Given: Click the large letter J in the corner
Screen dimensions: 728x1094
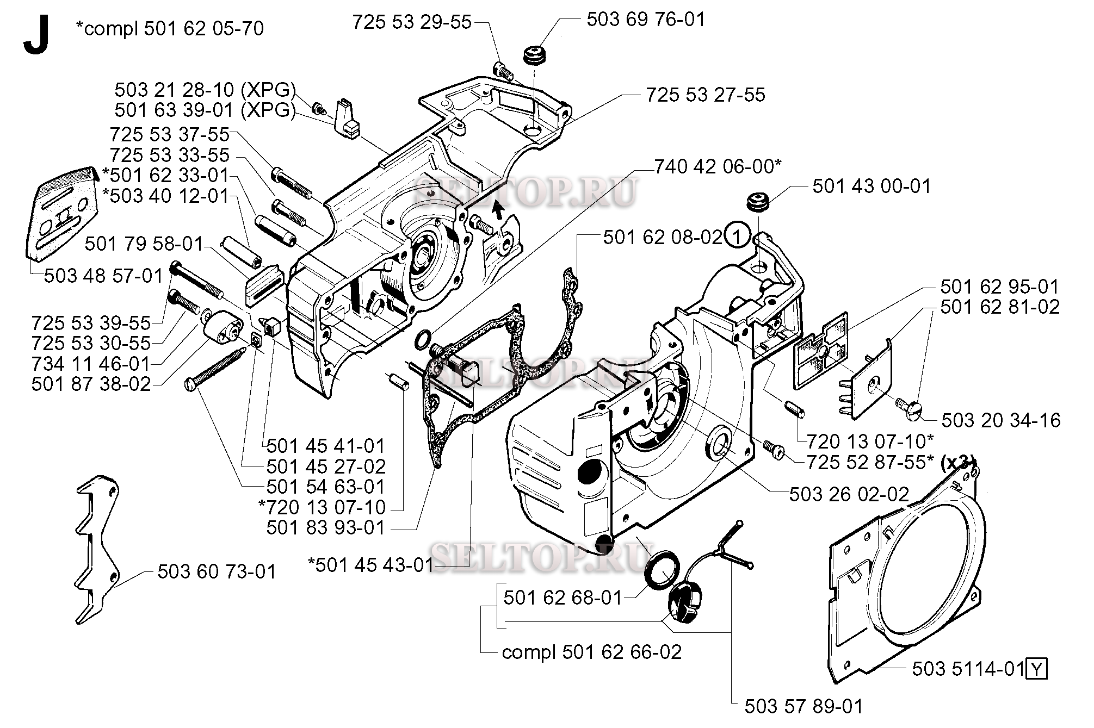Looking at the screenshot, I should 36,35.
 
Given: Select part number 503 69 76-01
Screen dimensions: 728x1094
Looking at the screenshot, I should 645,20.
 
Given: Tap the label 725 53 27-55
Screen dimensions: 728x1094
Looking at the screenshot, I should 705,95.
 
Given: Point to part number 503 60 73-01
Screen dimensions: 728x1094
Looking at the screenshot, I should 217,571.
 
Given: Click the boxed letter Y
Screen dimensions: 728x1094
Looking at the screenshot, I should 1036,669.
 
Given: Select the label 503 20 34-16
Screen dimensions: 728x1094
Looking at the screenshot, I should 1000,420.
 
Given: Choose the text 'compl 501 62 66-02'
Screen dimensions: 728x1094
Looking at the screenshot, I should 591,652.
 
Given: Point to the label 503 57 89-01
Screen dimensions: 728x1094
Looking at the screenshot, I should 803,706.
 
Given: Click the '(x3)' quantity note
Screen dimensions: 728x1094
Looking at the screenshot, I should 958,462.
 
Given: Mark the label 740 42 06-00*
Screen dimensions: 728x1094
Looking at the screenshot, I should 717,167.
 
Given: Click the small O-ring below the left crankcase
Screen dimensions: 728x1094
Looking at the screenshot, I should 421,340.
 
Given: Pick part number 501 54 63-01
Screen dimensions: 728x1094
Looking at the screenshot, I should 325,487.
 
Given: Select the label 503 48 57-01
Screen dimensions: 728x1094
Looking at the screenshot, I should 103,276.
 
